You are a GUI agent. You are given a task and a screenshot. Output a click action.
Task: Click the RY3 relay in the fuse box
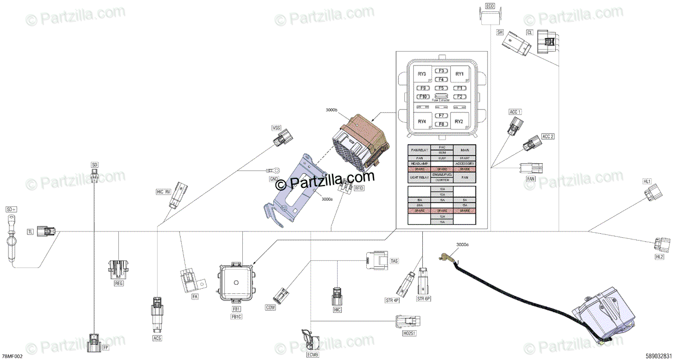422,74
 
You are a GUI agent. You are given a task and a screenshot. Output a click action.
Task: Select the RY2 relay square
459,121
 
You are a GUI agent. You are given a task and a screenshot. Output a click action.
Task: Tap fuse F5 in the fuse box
441,88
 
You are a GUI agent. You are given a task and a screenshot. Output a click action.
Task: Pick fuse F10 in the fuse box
423,97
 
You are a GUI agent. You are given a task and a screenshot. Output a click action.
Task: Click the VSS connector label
276,128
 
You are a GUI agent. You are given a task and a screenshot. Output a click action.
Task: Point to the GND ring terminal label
274,179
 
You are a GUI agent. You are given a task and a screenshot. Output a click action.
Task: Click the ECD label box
490,6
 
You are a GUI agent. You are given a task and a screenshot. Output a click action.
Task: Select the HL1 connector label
647,182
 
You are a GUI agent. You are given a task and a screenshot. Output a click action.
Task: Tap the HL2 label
659,256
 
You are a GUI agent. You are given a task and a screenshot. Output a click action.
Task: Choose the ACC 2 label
547,137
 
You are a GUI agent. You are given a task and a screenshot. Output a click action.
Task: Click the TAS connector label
394,261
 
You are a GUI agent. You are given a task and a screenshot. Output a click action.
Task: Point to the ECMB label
312,355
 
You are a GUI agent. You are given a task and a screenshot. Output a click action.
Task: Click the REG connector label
118,284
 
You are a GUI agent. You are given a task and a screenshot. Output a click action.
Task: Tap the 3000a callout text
328,199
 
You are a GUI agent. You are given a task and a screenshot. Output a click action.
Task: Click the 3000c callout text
463,244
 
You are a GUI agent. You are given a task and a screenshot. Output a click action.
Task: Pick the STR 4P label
392,300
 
